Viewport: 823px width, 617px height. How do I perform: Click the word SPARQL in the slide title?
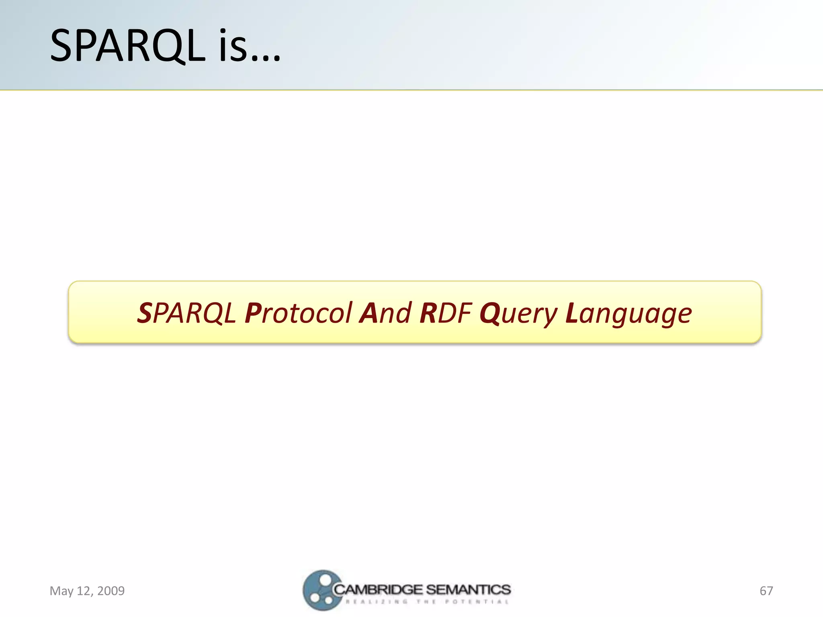128,46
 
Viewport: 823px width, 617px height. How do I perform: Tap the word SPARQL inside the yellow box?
186,313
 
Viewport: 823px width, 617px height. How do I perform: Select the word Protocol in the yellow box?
299,313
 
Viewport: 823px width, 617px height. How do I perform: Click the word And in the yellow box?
386,313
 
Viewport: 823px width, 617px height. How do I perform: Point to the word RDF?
445,313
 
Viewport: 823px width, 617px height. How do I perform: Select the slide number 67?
766,591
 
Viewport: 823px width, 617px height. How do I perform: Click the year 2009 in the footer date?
111,591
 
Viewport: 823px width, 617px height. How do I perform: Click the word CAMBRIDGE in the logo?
378,590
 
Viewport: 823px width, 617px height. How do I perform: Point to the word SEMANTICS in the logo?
468,590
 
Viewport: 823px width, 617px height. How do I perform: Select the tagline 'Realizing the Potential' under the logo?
427,602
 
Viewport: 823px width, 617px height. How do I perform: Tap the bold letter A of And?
369,313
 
